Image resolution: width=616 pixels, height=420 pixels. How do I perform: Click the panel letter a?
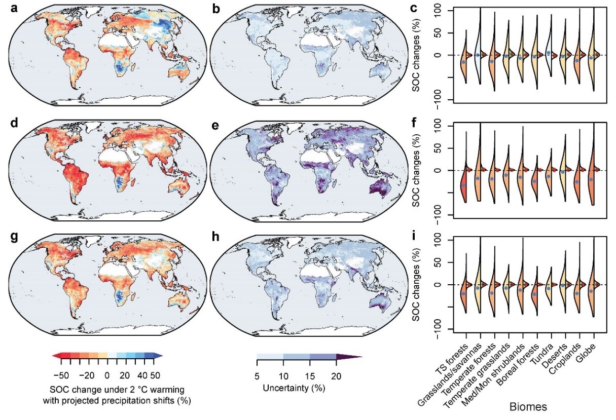pos(14,9)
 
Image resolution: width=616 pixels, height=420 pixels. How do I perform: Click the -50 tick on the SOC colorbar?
pos(61,375)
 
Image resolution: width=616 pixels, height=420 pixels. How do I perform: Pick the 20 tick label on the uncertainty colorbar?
pos(336,376)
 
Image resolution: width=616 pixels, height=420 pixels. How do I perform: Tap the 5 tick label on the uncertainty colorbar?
pos(257,376)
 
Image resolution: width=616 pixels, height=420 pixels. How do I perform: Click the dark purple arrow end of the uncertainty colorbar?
pos(349,357)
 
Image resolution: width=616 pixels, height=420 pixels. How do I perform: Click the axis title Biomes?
pos(528,406)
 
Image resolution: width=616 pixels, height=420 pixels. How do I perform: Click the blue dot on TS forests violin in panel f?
pos(463,185)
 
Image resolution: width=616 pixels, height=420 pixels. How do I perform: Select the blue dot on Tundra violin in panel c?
pos(549,53)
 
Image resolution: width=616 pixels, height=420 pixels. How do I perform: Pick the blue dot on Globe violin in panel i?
pos(591,291)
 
